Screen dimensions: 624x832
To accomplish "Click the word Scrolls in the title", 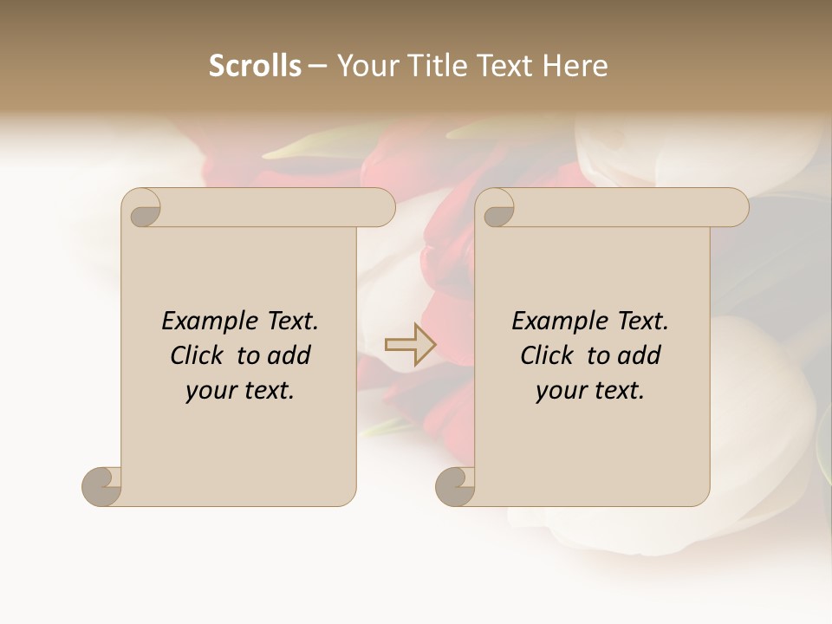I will [255, 66].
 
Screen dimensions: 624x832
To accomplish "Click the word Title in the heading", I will [439, 66].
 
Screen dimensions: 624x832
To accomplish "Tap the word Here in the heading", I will [575, 66].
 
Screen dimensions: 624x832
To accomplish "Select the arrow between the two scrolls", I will [410, 345].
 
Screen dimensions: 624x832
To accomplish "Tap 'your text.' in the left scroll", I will [240, 391].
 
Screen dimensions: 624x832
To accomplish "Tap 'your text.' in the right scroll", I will [590, 391].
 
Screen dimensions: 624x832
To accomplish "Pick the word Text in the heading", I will [507, 66].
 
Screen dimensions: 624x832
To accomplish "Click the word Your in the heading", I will [371, 66].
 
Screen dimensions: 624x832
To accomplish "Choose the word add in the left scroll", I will [290, 355].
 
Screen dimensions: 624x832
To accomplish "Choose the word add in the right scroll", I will [640, 355].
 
